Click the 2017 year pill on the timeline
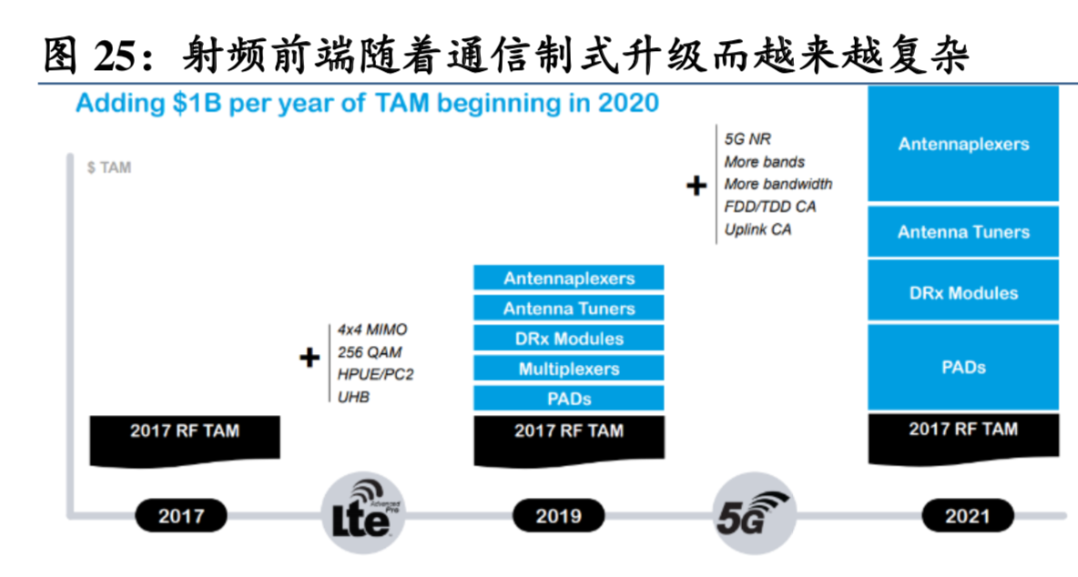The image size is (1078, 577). (x=181, y=516)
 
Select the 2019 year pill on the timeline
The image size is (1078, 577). (x=558, y=516)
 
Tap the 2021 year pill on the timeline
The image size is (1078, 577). (x=967, y=516)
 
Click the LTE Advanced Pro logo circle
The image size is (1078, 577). (x=365, y=513)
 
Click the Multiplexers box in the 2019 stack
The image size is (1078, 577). (x=569, y=369)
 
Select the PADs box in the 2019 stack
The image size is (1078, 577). (x=569, y=399)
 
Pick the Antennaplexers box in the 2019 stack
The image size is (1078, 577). (x=569, y=278)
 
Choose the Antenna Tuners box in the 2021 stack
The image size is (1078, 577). (x=963, y=232)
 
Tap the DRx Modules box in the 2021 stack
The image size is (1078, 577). (x=963, y=293)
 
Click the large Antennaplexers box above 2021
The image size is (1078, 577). (x=963, y=144)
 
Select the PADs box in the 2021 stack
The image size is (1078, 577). (x=963, y=368)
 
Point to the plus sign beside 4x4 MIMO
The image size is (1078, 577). (x=310, y=358)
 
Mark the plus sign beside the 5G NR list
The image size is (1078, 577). (x=696, y=187)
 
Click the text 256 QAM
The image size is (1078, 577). (x=369, y=352)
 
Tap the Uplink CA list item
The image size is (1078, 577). (x=758, y=229)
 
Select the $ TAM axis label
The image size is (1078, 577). (x=109, y=167)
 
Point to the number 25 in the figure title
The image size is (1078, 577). (x=114, y=56)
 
